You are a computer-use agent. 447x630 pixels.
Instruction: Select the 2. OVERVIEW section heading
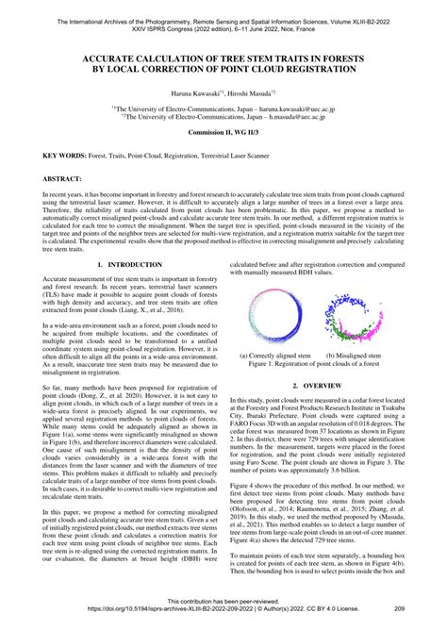[x=323, y=386]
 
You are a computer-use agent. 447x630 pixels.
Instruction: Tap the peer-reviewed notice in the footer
[x=223, y=600]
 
